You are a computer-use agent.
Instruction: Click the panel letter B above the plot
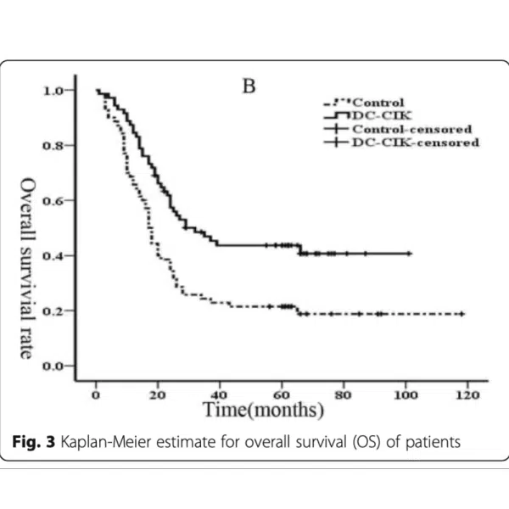(250, 87)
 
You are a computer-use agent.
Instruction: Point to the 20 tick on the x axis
(158, 394)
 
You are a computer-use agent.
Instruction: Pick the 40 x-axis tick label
(220, 394)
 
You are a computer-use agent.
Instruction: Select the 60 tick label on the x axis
(282, 394)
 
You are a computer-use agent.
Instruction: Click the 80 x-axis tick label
(344, 394)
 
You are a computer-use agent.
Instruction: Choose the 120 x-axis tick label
(467, 394)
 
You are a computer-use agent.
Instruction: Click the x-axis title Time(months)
(262, 411)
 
